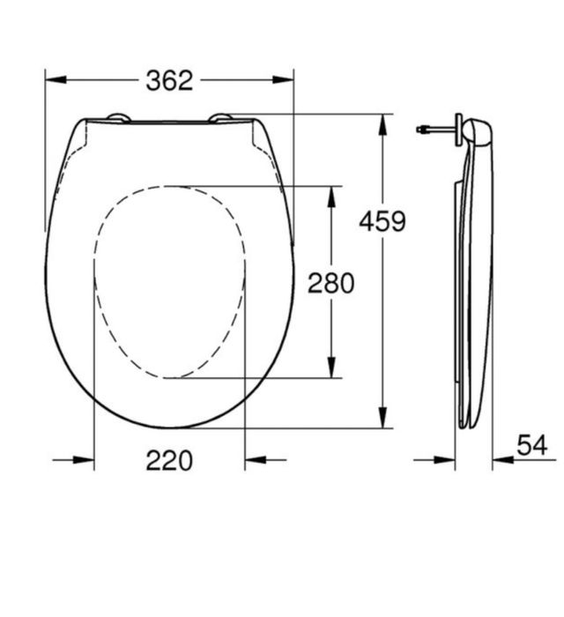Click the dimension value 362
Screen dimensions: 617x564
click(168, 80)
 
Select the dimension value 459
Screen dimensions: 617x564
click(382, 221)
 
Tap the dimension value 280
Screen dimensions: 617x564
click(330, 283)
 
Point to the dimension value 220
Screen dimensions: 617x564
click(168, 459)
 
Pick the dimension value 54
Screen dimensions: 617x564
click(532, 446)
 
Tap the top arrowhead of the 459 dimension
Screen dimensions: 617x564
click(382, 124)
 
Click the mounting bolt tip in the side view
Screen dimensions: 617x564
click(420, 130)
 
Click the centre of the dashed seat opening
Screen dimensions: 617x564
click(169, 282)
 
